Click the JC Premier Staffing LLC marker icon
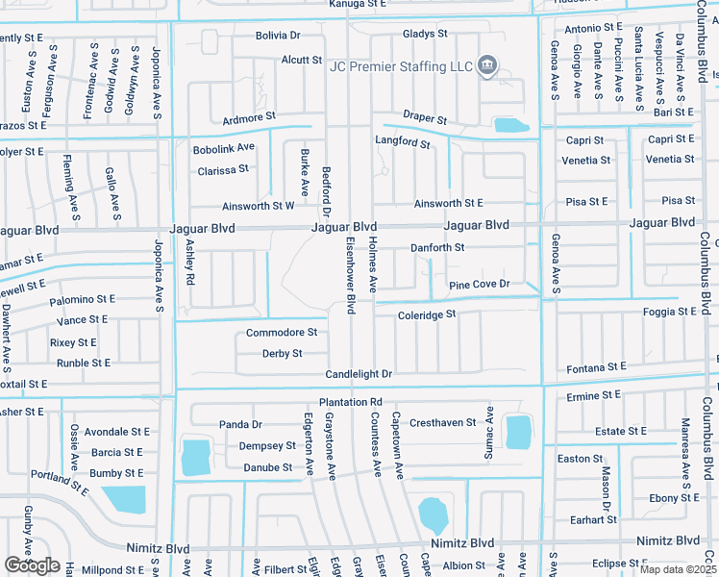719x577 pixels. [x=487, y=65]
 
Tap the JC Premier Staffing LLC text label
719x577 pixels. [x=401, y=66]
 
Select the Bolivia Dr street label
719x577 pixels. [x=278, y=36]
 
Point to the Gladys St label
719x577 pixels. [x=425, y=34]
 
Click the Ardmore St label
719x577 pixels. [x=249, y=119]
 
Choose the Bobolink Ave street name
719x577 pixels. [x=223, y=148]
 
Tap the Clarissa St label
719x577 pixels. [x=223, y=169]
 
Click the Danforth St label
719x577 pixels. [x=437, y=248]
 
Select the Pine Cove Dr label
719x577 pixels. [x=479, y=285]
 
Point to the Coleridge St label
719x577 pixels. [x=426, y=314]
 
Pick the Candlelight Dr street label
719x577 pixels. [x=359, y=374]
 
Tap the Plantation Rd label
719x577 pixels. [x=351, y=402]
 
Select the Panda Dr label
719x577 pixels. [x=240, y=424]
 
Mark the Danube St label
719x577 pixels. [x=268, y=468]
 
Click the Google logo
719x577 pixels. [x=32, y=566]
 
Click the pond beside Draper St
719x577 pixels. [x=510, y=125]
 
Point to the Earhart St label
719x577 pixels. [x=593, y=520]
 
